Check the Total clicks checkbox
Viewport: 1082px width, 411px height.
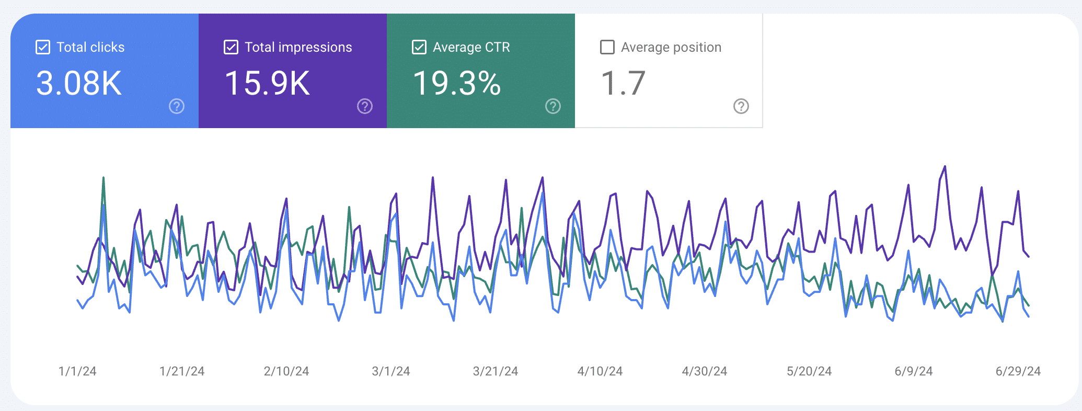[43, 47]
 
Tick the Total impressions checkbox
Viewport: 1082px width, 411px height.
[231, 47]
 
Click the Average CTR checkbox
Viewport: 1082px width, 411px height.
[419, 47]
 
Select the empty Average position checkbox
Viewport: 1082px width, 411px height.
[607, 47]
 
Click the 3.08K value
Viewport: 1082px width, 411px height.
[79, 83]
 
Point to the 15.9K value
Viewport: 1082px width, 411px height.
[267, 83]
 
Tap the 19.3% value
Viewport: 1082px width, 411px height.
[457, 83]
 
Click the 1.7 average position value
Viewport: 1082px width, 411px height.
[623, 83]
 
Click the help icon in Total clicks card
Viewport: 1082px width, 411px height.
[177, 106]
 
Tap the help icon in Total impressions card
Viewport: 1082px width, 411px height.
[365, 106]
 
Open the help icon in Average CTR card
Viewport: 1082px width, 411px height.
[553, 106]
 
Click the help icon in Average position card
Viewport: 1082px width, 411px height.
[741, 106]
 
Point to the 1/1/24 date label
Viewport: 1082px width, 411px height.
[77, 371]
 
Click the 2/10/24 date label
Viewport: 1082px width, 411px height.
[286, 371]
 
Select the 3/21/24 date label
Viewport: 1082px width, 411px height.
[496, 371]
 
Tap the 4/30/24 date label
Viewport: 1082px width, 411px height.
[705, 371]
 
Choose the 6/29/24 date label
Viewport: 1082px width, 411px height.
[1018, 371]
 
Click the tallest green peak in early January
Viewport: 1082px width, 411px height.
[103, 178]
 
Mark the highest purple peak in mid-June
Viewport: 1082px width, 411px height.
[945, 167]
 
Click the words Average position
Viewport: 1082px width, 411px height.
[671, 47]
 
